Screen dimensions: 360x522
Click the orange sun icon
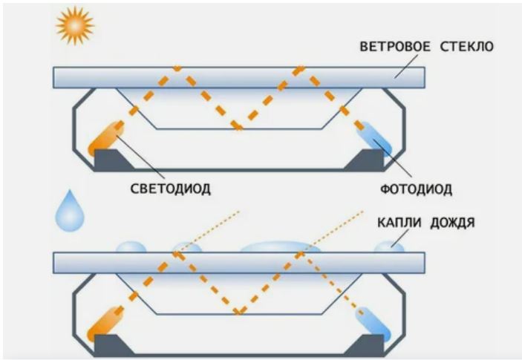click(x=74, y=26)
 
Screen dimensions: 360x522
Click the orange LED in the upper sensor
click(x=105, y=137)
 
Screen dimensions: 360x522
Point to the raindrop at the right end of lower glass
click(x=390, y=246)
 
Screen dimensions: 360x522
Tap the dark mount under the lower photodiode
click(x=370, y=345)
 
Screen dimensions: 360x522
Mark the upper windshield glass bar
click(x=238, y=76)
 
